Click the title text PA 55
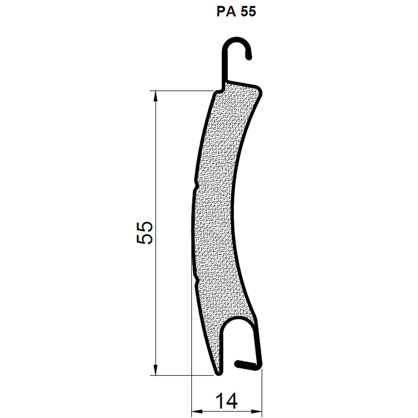(x=236, y=12)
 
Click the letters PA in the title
(x=226, y=12)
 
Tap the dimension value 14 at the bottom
(x=226, y=401)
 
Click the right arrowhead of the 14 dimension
(x=257, y=411)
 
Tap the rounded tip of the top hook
(x=249, y=57)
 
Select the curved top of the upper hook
(x=236, y=39)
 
